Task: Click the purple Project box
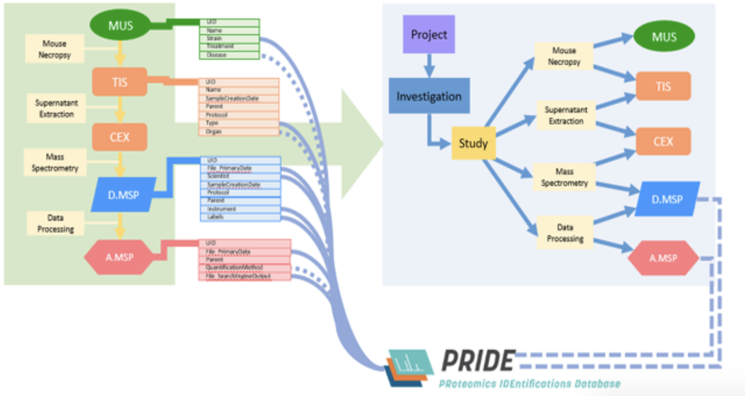click(429, 35)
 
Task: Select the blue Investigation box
click(429, 96)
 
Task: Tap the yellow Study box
click(474, 143)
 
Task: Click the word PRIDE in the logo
click(478, 361)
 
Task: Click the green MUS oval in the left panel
click(120, 25)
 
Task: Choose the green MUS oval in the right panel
click(664, 37)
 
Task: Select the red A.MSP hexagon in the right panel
click(663, 258)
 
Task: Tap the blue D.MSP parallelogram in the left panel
click(122, 194)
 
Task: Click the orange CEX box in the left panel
click(119, 137)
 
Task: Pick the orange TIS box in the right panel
click(663, 86)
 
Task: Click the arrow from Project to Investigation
click(429, 66)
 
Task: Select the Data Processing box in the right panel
click(564, 233)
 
